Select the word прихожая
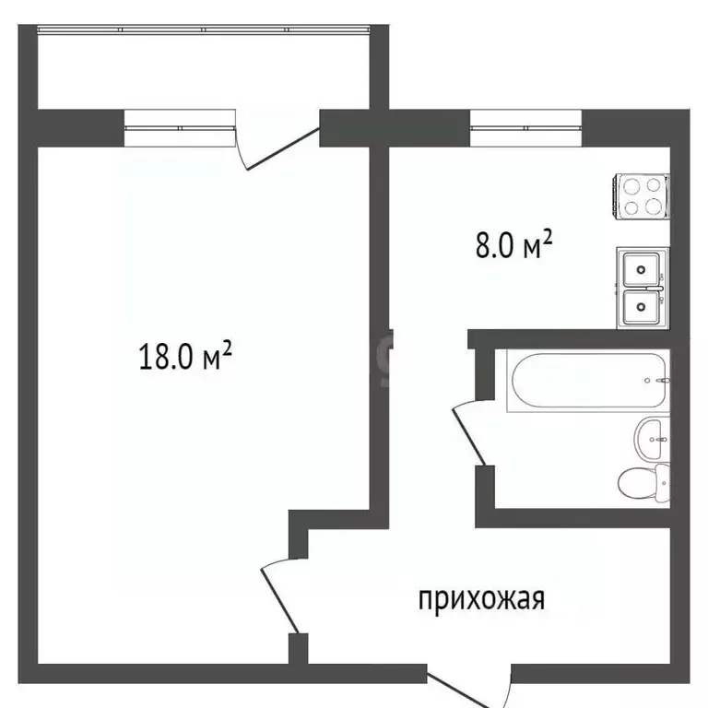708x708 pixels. pyautogui.click(x=482, y=599)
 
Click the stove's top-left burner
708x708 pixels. pyautogui.click(x=631, y=184)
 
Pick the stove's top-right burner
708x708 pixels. pyautogui.click(x=654, y=184)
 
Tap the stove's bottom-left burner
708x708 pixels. pyautogui.click(x=631, y=206)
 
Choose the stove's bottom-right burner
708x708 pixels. pyautogui.click(x=654, y=206)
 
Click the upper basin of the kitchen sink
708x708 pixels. pyautogui.click(x=642, y=270)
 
